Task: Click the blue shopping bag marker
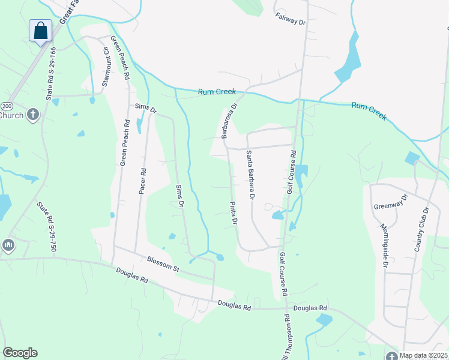point(40,31)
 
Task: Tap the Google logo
point(20,353)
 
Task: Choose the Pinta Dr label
point(234,213)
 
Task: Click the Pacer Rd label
point(143,179)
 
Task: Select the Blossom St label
point(163,265)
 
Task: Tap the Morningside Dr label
point(384,245)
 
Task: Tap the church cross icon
point(33,113)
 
